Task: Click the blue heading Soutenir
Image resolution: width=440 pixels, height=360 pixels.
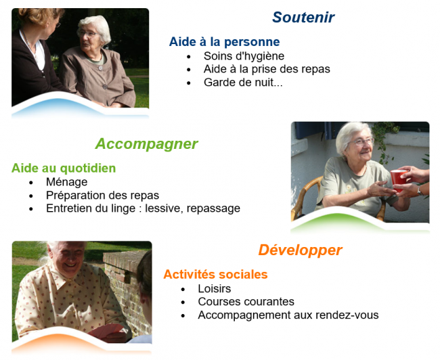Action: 303,18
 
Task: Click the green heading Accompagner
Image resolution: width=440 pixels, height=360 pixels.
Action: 146,143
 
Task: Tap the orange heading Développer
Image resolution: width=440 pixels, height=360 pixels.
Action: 300,250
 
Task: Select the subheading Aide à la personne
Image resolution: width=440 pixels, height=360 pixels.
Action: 224,42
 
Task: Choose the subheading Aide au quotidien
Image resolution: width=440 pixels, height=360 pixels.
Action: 64,168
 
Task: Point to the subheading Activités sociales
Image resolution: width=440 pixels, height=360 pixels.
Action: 215,274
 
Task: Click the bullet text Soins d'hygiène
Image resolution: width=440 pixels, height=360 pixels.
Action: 244,56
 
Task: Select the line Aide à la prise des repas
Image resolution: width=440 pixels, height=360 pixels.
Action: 267,69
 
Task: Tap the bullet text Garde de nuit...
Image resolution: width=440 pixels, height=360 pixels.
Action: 242,83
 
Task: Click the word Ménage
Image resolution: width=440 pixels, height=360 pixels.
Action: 66,182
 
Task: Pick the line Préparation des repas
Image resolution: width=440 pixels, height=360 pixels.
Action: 102,196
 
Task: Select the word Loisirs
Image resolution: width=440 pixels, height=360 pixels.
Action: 215,288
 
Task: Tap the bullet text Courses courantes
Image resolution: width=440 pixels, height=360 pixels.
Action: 246,302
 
